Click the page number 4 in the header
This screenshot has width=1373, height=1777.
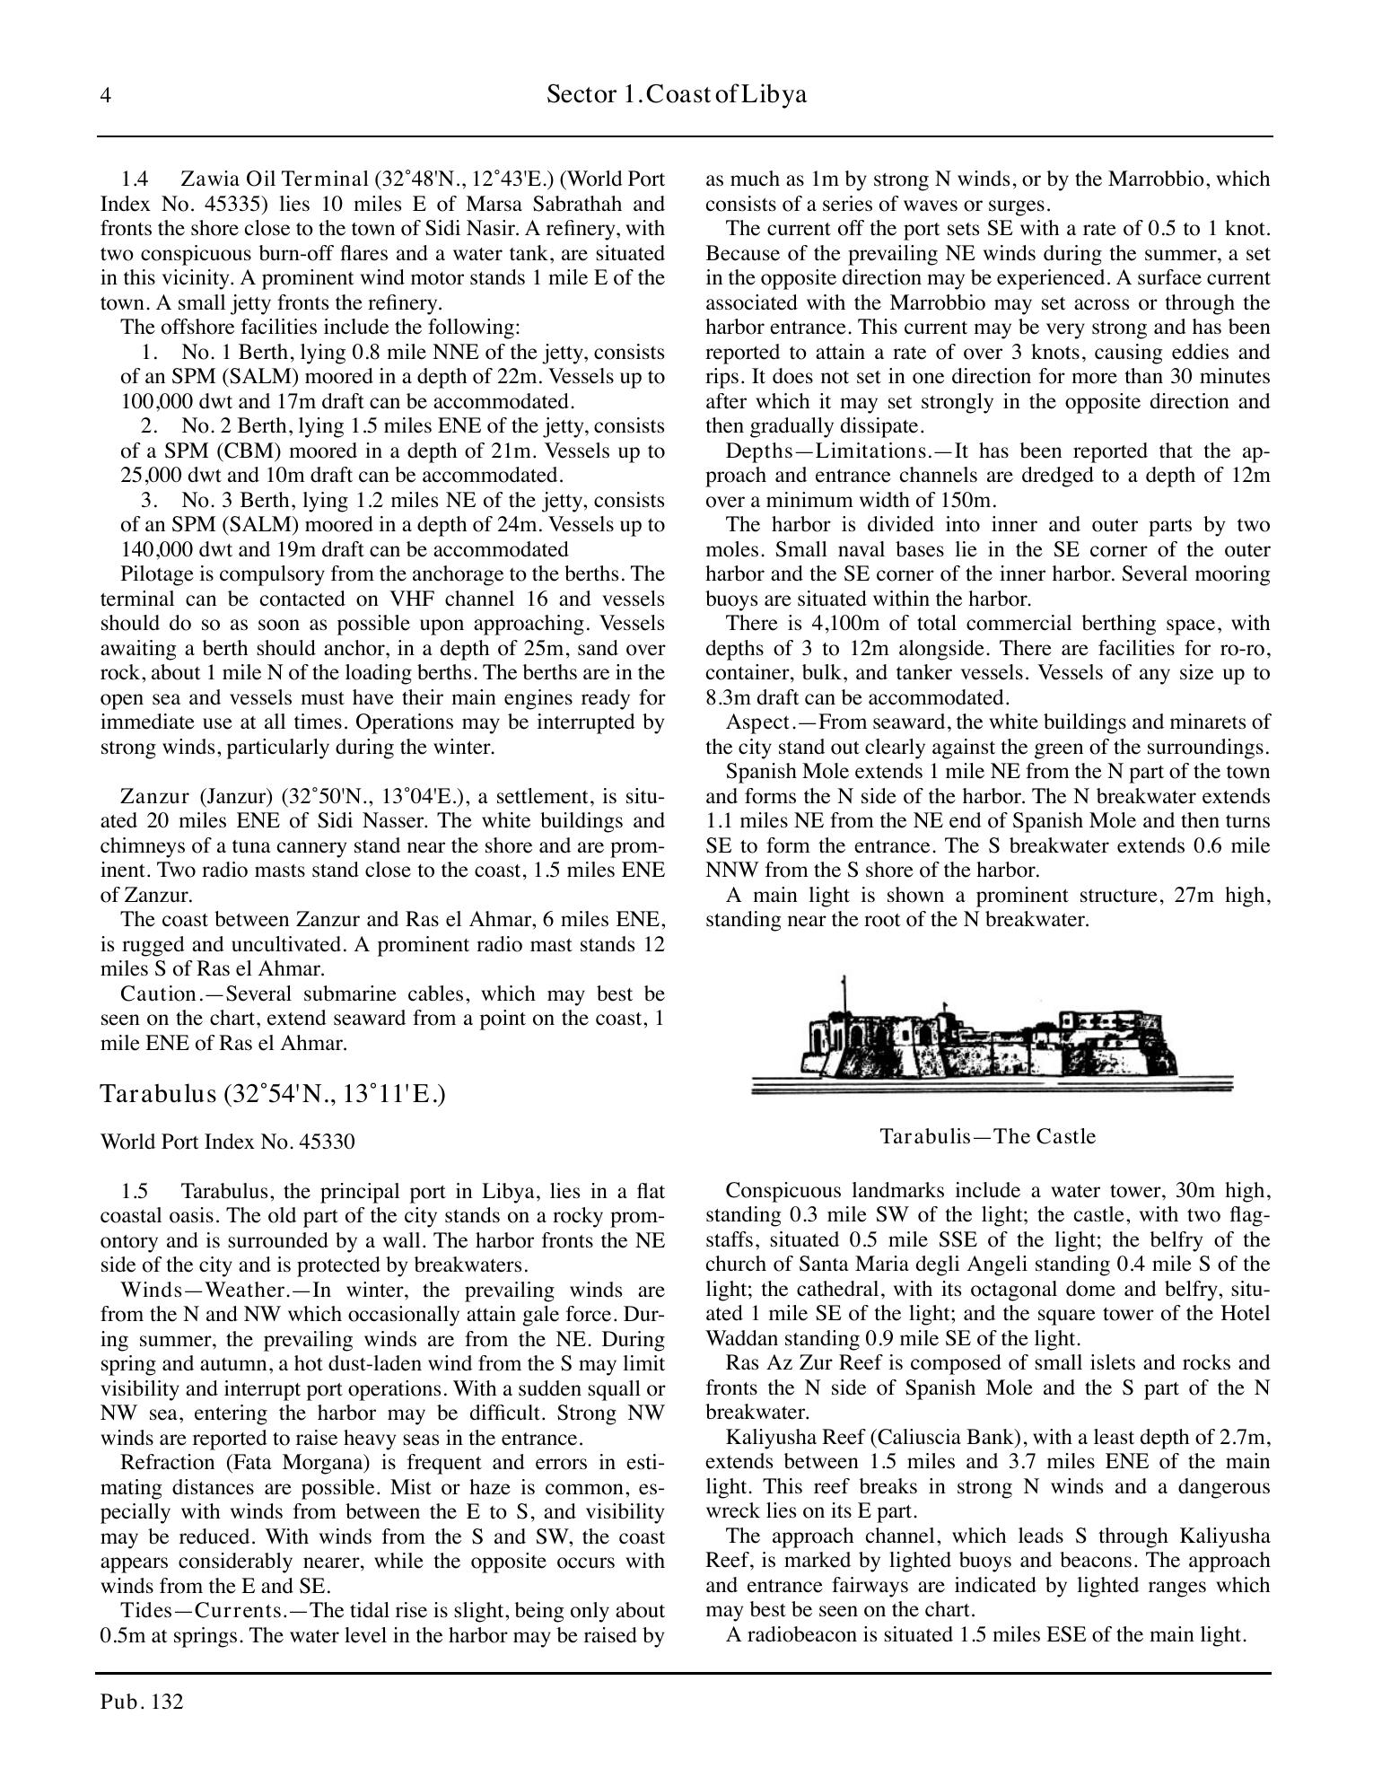106,96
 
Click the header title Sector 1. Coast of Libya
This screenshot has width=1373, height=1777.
676,95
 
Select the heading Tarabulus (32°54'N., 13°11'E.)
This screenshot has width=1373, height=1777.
273,1094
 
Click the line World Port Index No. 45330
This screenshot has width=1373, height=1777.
227,1142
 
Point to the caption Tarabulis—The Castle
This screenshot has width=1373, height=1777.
987,1136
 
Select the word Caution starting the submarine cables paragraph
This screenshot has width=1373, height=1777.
158,994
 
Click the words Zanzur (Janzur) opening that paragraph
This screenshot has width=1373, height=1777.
197,797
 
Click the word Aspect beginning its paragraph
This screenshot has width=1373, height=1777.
756,722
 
